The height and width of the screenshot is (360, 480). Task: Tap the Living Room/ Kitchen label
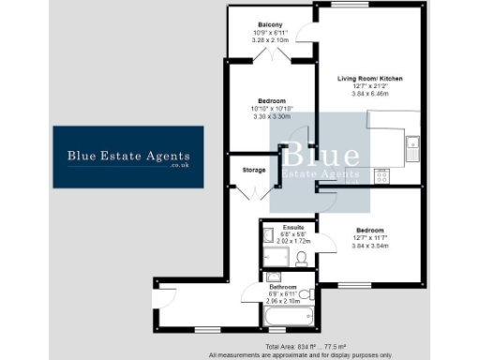(369, 79)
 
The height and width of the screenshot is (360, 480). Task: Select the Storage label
(252, 170)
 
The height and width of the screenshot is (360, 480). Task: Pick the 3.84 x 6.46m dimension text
(369, 95)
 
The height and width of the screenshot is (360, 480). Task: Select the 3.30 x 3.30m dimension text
(272, 116)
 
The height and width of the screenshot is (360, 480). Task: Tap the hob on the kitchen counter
(382, 174)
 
